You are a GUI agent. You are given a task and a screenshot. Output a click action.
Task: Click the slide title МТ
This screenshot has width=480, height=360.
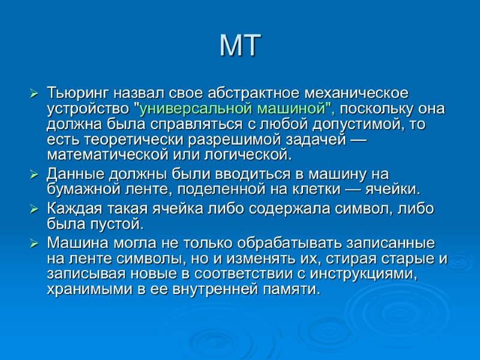240,46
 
